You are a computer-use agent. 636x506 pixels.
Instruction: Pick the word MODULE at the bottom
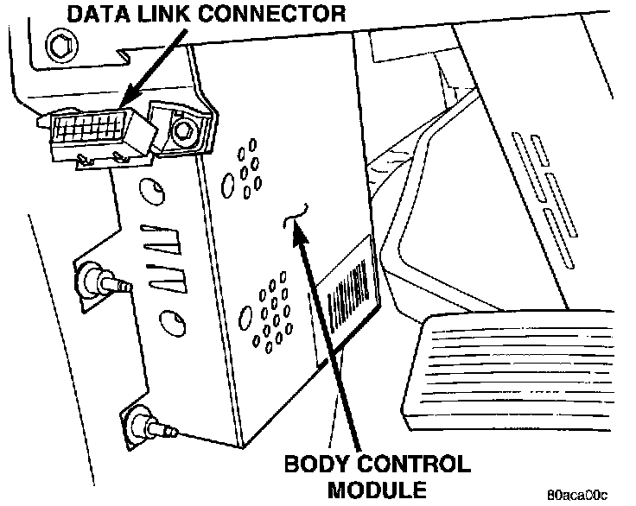click(x=378, y=490)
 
